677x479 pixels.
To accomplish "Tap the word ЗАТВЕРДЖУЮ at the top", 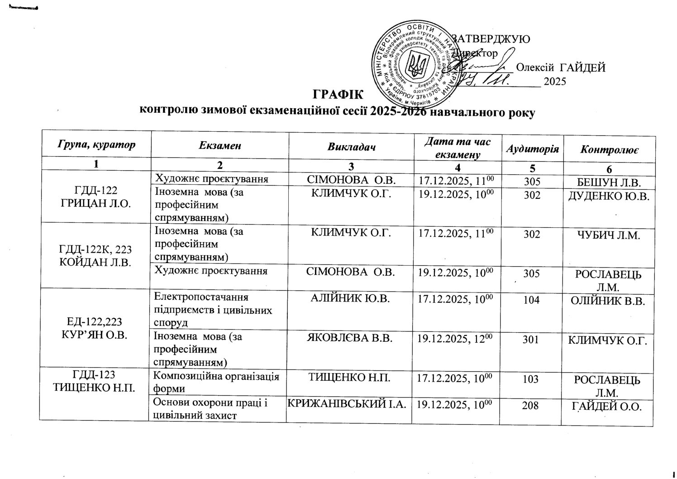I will pyautogui.click(x=491, y=39).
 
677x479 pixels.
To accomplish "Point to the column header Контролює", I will pyautogui.click(x=610, y=148).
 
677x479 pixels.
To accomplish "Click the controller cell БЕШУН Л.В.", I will pyautogui.click(x=609, y=182).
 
